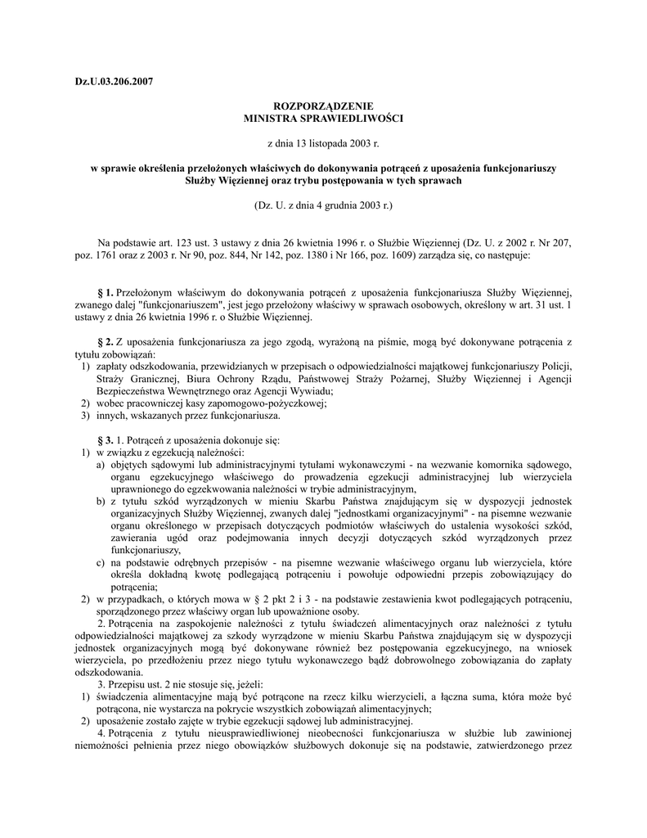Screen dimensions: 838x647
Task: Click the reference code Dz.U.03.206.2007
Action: pos(114,82)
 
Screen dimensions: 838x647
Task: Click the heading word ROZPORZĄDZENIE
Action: pos(324,106)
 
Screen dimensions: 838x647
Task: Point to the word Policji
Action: pos(555,366)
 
